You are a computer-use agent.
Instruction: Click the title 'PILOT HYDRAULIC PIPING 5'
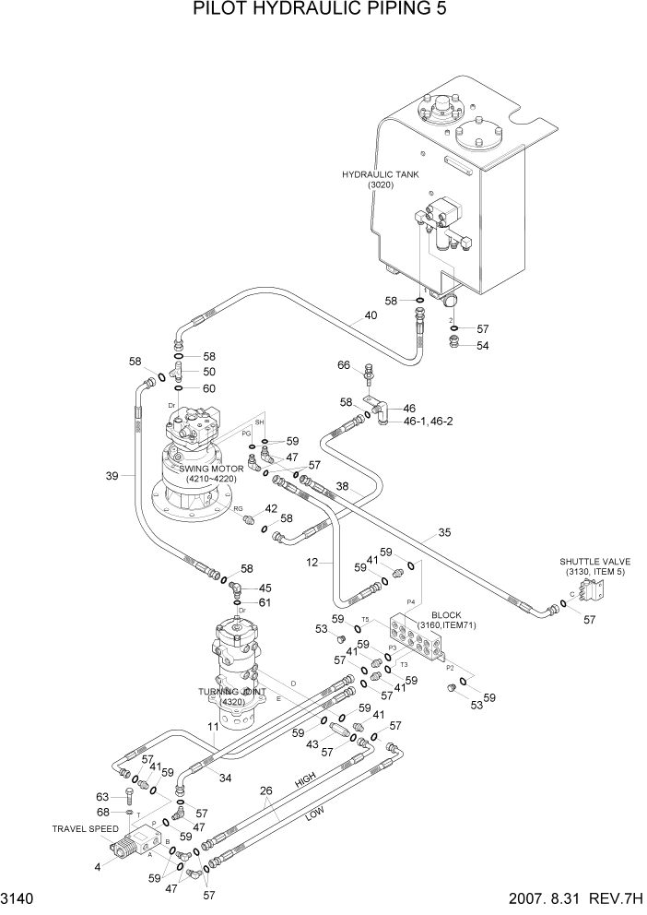(323, 10)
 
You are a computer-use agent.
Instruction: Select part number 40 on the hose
(371, 315)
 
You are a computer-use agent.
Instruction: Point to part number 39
(112, 476)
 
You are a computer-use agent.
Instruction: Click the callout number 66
(344, 365)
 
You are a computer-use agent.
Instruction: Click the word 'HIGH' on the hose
(305, 780)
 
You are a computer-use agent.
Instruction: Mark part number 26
(265, 790)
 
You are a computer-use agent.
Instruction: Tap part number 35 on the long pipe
(444, 533)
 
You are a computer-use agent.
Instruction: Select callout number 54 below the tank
(483, 345)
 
